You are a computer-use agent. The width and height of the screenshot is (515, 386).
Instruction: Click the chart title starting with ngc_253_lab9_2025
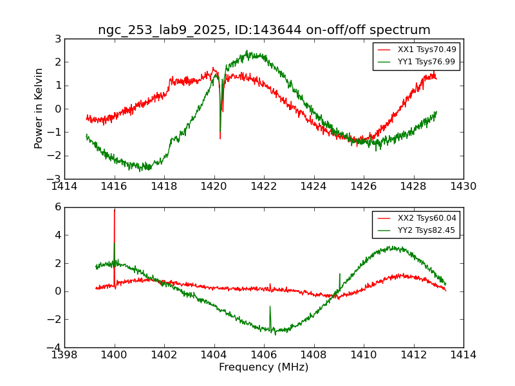(x=264, y=30)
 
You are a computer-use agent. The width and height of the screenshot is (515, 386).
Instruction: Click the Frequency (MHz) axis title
(x=264, y=367)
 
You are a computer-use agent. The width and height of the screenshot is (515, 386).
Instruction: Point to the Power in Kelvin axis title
(x=39, y=109)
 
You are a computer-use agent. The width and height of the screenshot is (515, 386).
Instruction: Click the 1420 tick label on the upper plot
(x=214, y=187)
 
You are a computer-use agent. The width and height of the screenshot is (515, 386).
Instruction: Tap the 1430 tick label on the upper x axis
(x=463, y=187)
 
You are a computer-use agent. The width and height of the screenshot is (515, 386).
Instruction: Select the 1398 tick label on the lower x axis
(x=64, y=355)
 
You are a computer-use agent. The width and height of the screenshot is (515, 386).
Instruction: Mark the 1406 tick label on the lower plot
(x=264, y=355)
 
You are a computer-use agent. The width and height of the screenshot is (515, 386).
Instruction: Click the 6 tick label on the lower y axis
(x=57, y=207)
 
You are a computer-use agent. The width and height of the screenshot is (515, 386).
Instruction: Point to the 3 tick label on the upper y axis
(x=57, y=39)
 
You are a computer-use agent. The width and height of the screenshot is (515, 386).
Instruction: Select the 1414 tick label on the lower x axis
(x=463, y=355)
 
